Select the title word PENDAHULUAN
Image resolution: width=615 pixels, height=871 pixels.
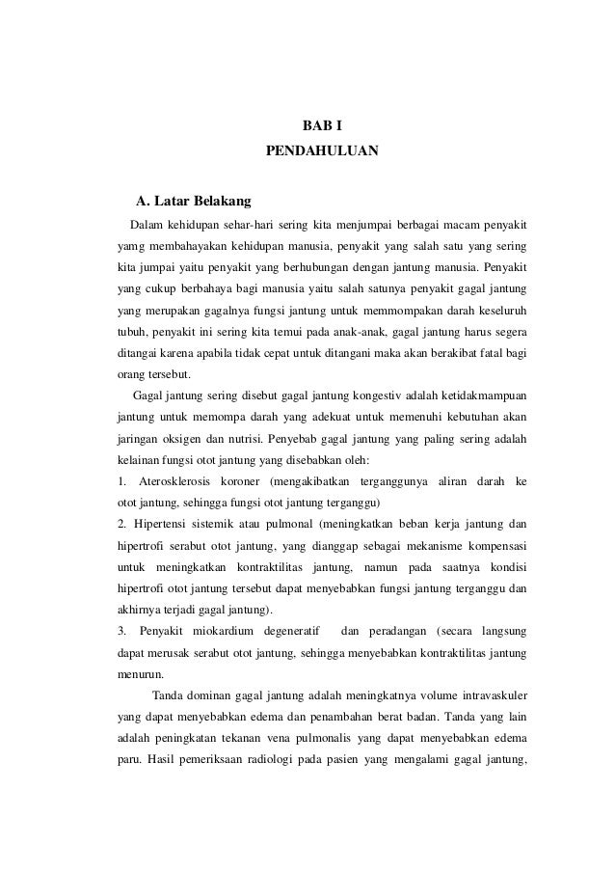(323, 151)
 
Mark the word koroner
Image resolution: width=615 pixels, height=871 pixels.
(247, 478)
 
